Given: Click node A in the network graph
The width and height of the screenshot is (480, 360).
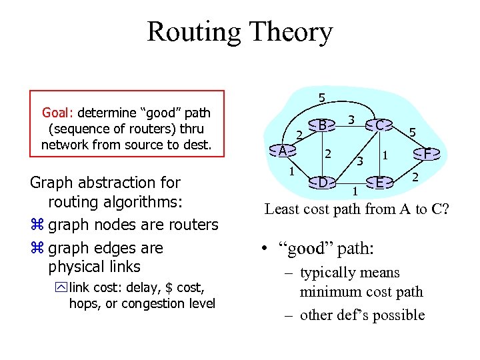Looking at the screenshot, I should point(283,151).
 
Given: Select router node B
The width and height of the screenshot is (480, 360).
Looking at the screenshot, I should point(322,125).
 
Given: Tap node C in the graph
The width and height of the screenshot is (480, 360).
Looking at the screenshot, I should point(379,125).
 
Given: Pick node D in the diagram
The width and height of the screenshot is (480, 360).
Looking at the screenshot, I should point(322,181).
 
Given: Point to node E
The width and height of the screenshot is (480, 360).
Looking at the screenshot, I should point(379,182).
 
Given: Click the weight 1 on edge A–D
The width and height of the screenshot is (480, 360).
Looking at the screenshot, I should point(291,171).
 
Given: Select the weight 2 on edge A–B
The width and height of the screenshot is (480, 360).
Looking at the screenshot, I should point(299,135).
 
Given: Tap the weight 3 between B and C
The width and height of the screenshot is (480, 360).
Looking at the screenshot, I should point(351,119).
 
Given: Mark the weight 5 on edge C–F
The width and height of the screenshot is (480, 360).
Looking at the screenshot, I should point(413,134).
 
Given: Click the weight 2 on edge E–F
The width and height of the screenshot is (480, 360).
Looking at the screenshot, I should point(414,177).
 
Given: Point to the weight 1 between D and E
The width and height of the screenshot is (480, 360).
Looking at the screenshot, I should point(355,192).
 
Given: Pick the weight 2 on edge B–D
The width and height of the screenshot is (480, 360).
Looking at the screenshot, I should point(328,154).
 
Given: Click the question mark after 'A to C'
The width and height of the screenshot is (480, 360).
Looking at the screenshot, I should point(445,209).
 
